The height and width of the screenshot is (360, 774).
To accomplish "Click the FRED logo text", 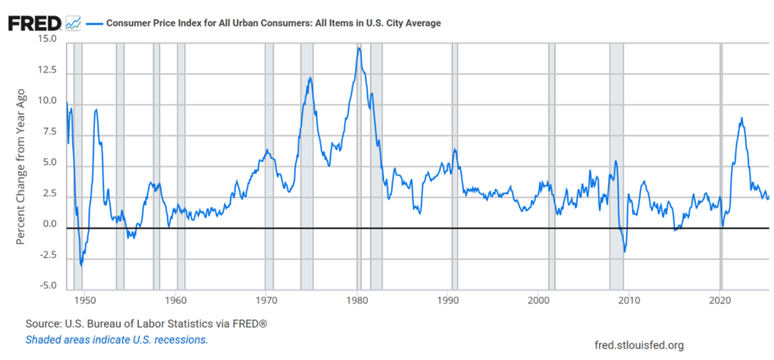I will pos(34,23).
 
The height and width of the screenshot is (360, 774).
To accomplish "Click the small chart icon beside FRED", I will pos(73,23).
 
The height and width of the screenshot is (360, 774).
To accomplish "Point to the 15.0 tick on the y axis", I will pos(47,39).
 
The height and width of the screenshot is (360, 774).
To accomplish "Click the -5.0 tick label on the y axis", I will pos(47,286).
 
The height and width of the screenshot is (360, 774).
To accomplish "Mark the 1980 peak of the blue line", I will pos(359,48).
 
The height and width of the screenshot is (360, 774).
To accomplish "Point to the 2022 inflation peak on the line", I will pos(742,118).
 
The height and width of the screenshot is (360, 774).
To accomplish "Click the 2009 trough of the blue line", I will pos(624,252).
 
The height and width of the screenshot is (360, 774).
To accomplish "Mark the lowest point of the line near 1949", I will pos(81,265).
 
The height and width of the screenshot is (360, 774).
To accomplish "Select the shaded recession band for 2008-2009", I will pos(616,168).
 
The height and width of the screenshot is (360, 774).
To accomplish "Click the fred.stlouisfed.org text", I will pos(639,345).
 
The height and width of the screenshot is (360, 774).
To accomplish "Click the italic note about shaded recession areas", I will pos(116,339).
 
